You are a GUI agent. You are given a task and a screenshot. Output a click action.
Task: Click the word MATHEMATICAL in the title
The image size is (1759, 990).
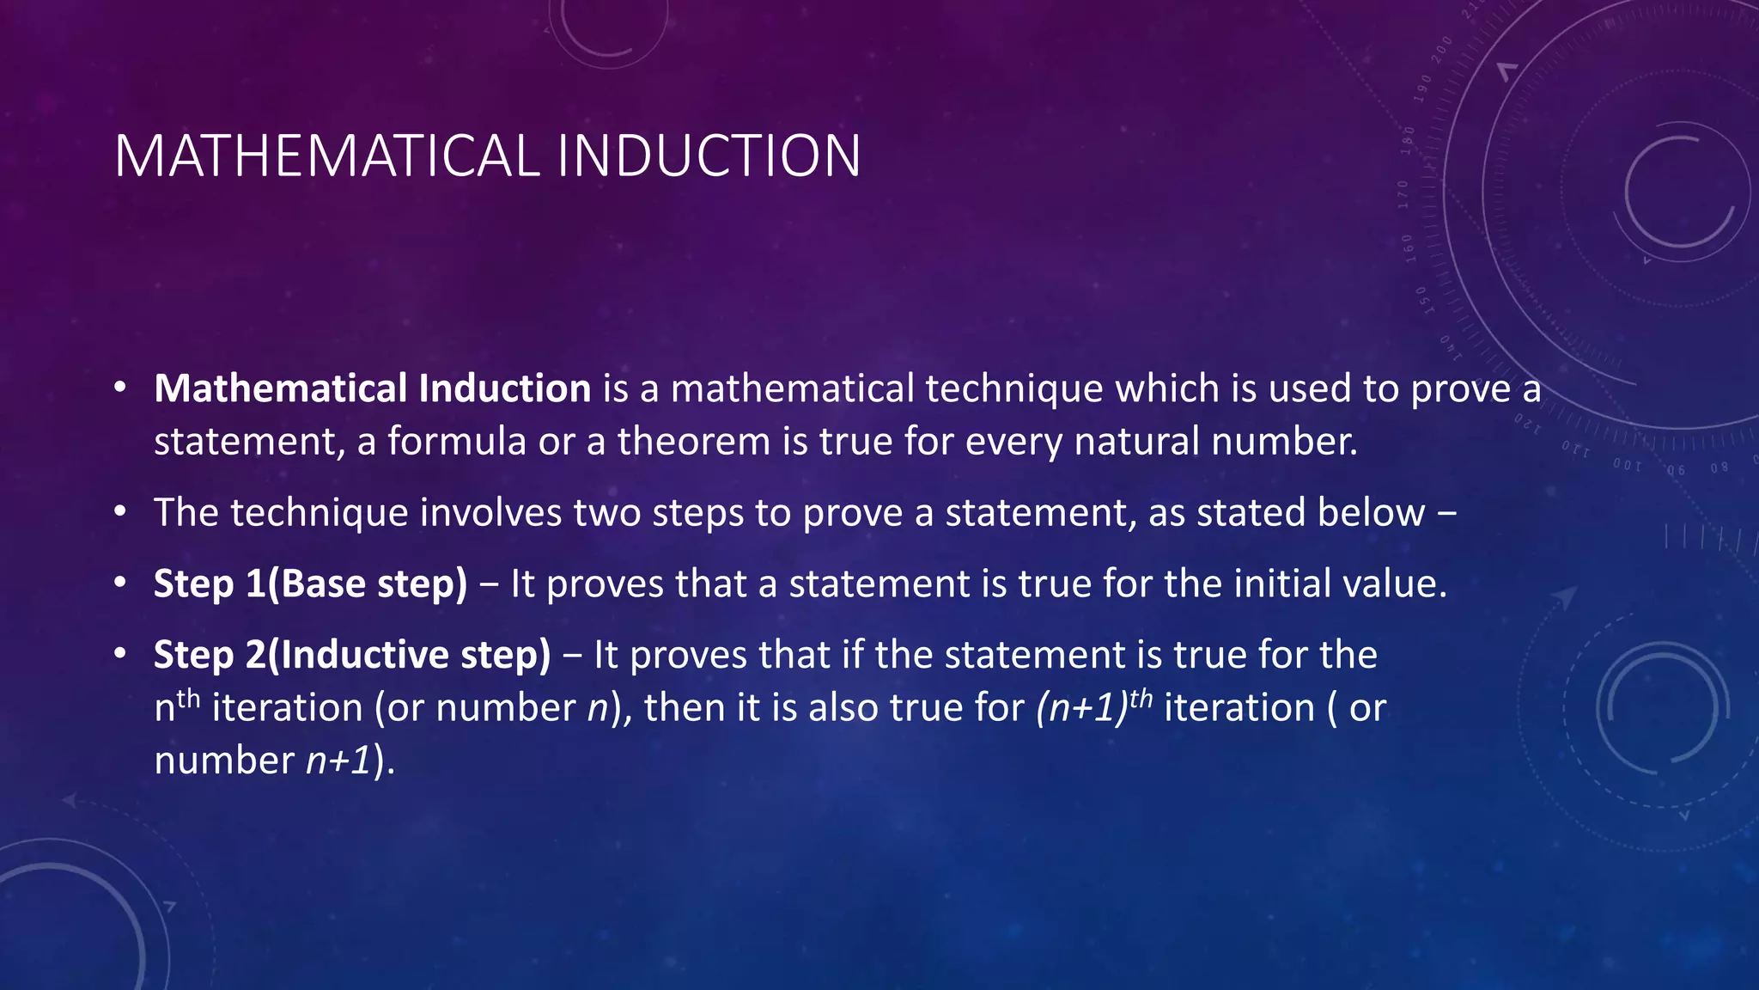pos(326,156)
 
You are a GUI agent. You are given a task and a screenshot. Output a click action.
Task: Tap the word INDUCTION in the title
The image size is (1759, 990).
pos(709,156)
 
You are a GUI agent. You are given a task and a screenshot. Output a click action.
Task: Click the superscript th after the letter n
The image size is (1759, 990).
pos(188,697)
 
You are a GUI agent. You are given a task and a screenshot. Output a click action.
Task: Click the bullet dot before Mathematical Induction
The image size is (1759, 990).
pos(120,388)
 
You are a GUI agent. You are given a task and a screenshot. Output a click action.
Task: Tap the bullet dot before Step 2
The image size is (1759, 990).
pos(120,655)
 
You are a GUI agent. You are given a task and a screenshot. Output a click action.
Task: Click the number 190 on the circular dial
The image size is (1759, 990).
pos(1424,89)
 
